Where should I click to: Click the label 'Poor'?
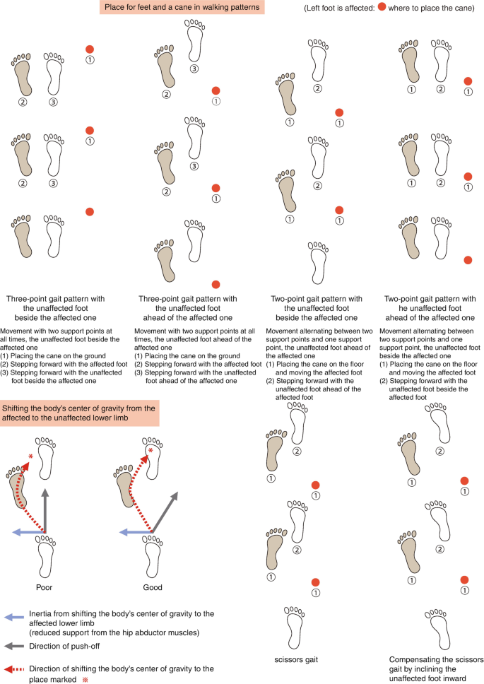pyautogui.click(x=45, y=586)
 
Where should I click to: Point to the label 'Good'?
pyautogui.click(x=153, y=586)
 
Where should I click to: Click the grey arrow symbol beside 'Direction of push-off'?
pyautogui.click(x=13, y=646)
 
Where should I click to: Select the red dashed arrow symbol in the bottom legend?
pyautogui.click(x=13, y=667)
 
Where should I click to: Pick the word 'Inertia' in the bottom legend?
pyautogui.click(x=42, y=614)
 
